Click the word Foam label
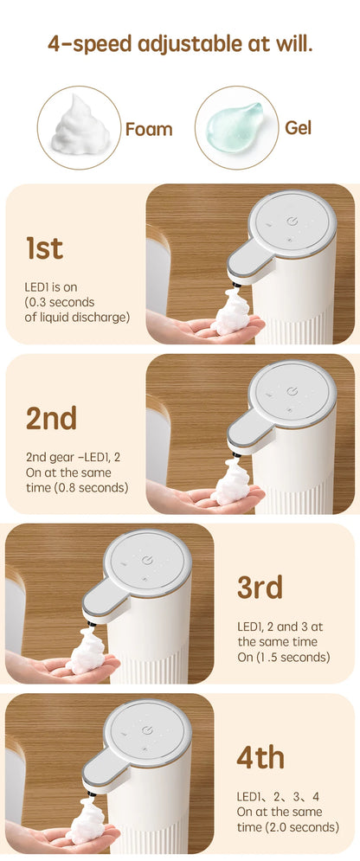pos(149,130)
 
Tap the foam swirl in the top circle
pos(80,125)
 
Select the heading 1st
pos(44,248)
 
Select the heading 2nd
pos(51,417)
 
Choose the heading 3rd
pos(260,587)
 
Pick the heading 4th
pos(260,756)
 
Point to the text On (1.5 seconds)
pos(284,657)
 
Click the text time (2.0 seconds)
pos(286,826)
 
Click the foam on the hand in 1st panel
pos(230,314)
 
